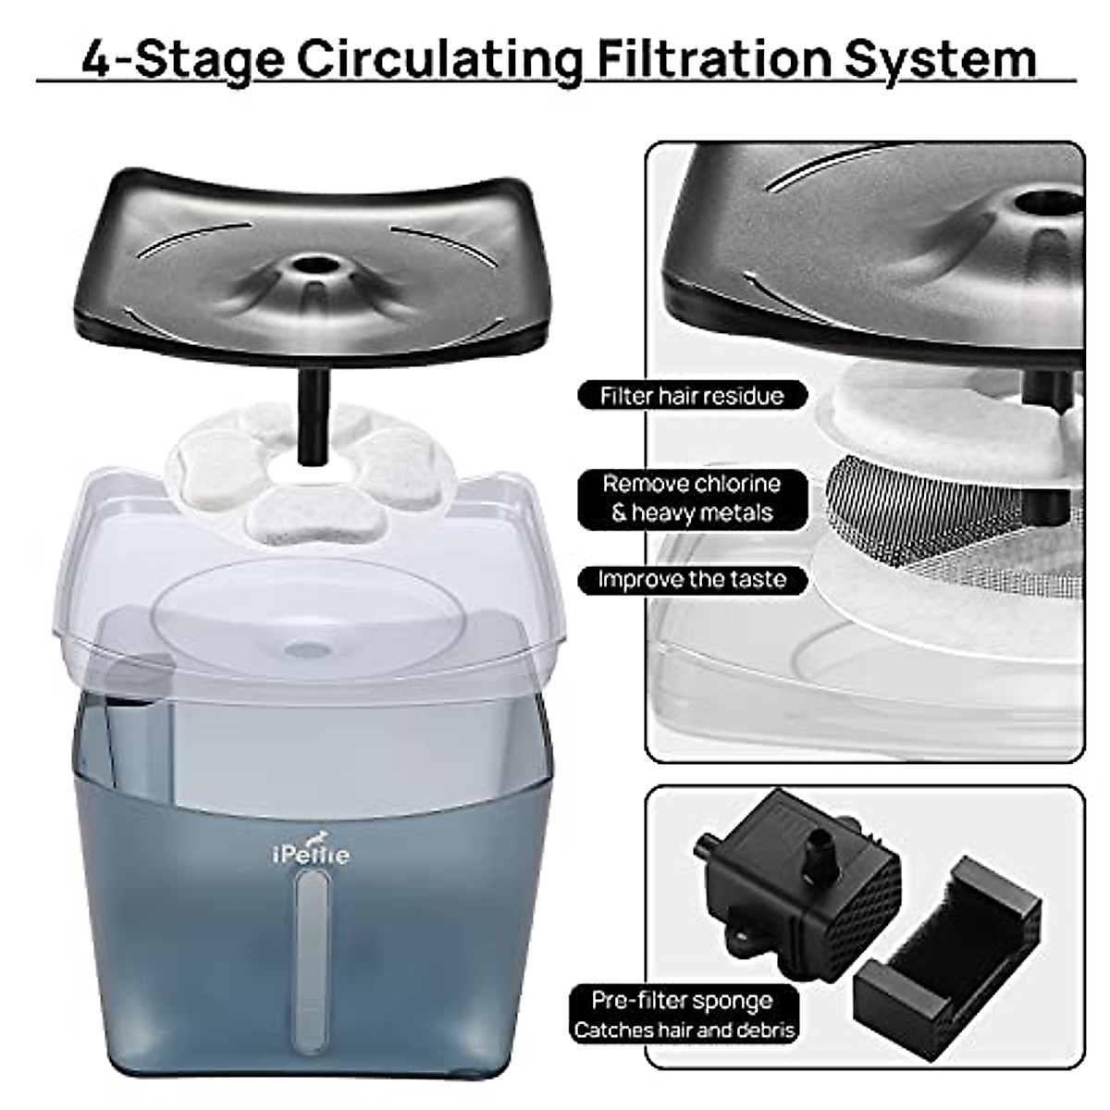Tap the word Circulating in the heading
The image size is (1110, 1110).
439,57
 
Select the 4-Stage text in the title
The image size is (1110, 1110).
182,57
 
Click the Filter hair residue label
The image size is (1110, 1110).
692,396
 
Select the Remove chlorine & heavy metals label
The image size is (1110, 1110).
692,499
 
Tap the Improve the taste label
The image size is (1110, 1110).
692,580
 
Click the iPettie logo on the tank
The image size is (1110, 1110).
311,853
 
